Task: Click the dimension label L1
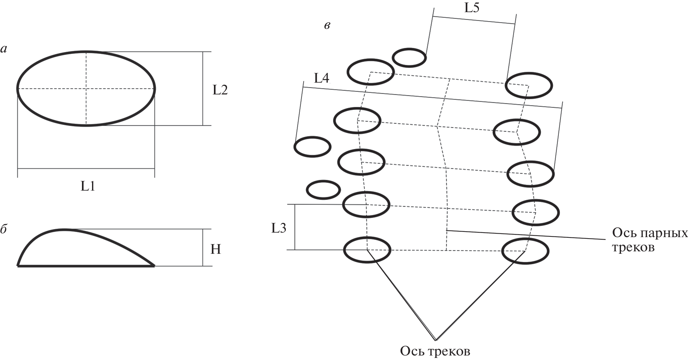coord(88,186)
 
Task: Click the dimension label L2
coord(220,90)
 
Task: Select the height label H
coord(216,249)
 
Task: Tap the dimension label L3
coord(279,228)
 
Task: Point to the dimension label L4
coord(321,78)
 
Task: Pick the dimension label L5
coord(472,8)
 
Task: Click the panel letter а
coord(4,49)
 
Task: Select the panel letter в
coord(327,25)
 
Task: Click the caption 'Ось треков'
coord(435,351)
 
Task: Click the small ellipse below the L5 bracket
coord(409,58)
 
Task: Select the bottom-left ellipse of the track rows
coord(367,250)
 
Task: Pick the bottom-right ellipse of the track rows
coord(525,251)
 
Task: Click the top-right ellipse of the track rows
coord(529,85)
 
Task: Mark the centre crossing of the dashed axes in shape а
coord(86,89)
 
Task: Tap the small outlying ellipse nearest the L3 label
coord(323,190)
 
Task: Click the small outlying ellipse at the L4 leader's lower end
coord(312,147)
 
